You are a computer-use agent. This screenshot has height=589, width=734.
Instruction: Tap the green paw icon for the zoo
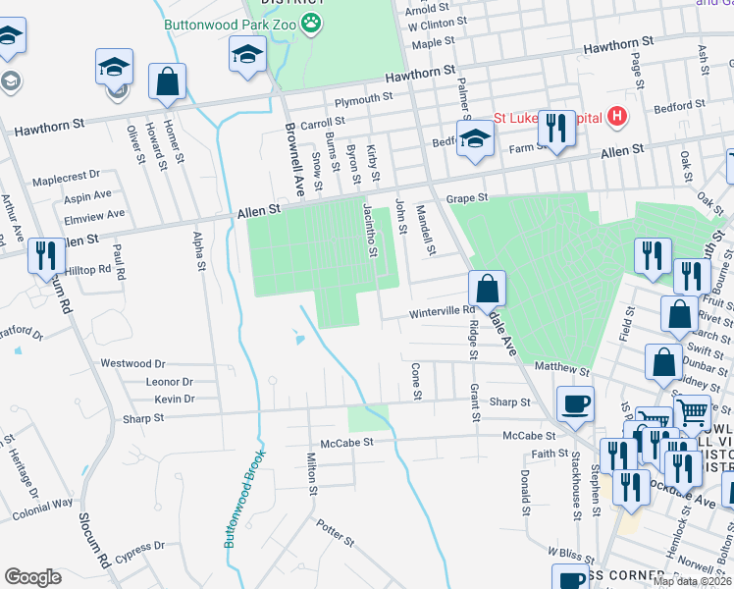pos(311,22)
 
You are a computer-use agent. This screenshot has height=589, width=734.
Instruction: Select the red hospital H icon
pos(616,118)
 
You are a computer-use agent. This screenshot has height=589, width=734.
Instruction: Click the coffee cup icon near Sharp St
pos(575,402)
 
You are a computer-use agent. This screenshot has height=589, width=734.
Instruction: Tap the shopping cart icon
pos(693,413)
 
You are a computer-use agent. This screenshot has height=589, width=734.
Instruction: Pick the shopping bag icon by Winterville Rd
pos(487,289)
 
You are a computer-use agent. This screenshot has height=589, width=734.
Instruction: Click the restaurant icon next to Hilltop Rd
pos(46,256)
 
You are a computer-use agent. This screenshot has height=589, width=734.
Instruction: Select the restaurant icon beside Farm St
pos(556,127)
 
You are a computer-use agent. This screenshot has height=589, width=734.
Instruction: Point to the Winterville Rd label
pos(442,311)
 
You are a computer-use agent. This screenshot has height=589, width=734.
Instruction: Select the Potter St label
pos(335,534)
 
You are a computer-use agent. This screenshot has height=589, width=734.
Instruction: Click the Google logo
pos(32,577)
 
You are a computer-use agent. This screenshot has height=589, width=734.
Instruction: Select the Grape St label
pos(467,198)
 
